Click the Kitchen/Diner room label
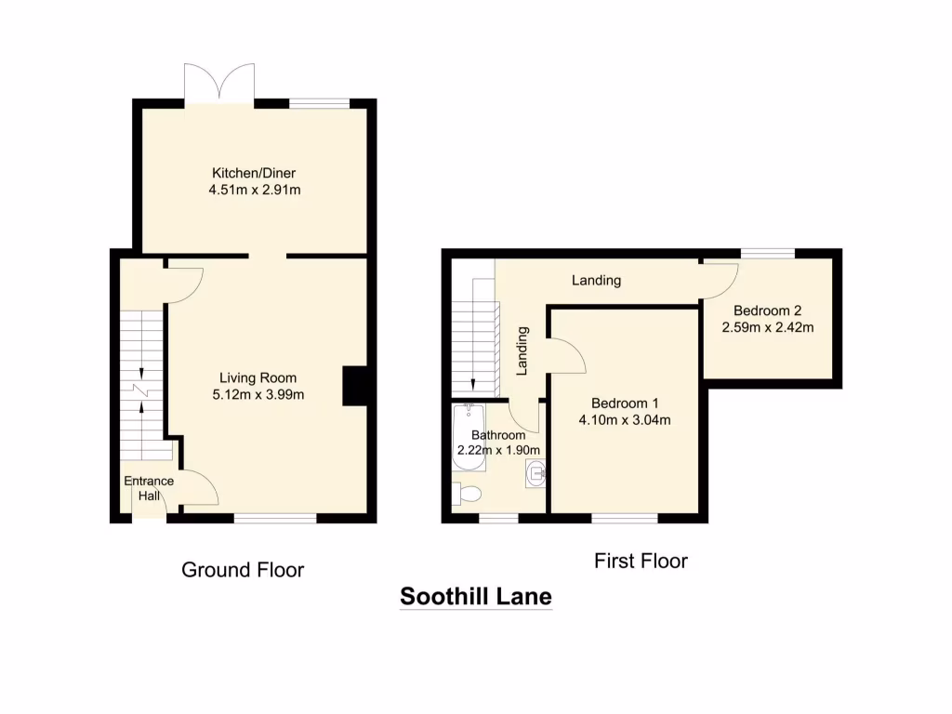[x=254, y=173]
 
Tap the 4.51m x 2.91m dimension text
[x=254, y=191]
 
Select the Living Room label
[x=258, y=377]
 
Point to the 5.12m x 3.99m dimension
[x=258, y=394]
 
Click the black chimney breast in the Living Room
[x=355, y=386]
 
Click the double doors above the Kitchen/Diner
[x=219, y=84]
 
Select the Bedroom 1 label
[x=625, y=403]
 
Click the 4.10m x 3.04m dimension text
[x=625, y=420]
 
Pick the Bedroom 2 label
[x=767, y=311]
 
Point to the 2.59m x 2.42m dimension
[x=767, y=327]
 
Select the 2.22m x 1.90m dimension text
[x=498, y=450]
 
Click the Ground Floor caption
[x=243, y=570]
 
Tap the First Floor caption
[x=641, y=561]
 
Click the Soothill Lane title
[x=476, y=597]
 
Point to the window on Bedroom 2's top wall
[x=768, y=253]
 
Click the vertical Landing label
[x=522, y=350]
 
